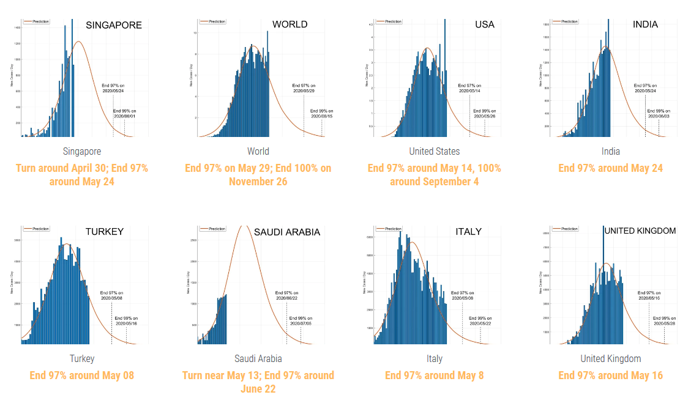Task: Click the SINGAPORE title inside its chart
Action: pos(114,25)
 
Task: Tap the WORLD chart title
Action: pos(290,24)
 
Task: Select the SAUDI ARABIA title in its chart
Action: pos(287,232)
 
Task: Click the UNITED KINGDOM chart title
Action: pos(640,231)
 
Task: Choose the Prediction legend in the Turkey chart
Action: pos(38,229)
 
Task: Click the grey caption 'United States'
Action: pos(435,151)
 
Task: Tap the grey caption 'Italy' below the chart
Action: pos(435,358)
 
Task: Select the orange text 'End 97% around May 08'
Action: pos(81,375)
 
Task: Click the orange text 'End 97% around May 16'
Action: pos(611,375)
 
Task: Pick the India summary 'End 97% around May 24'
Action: pos(611,168)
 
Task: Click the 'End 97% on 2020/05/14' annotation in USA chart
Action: pos(470,88)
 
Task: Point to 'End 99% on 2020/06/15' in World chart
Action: pos(321,113)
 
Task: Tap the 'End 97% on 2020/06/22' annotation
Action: pos(287,295)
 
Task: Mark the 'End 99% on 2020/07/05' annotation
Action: pos(301,320)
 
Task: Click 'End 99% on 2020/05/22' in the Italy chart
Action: pos(480,320)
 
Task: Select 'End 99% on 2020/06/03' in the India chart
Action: pos(659,113)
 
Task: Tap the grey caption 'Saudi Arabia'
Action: pos(258,358)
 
